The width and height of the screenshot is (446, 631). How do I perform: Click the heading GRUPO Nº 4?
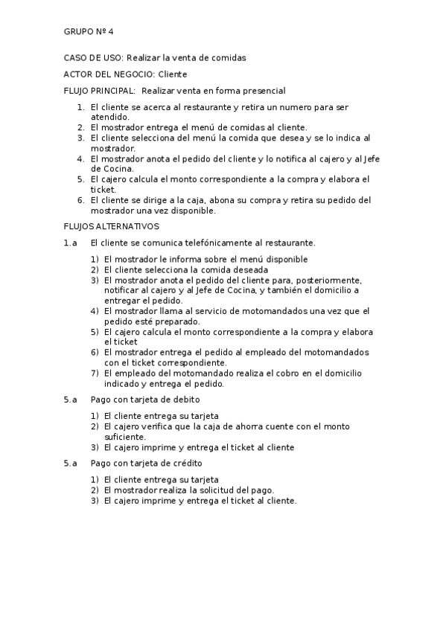[x=89, y=32]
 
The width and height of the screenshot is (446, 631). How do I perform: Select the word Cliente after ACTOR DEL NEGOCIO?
[x=173, y=74]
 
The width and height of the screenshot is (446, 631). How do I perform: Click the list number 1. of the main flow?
[x=81, y=108]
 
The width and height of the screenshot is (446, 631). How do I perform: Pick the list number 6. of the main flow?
[x=81, y=200]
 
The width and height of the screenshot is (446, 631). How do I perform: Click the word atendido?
[x=110, y=117]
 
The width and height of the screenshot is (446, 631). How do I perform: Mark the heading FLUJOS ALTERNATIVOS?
[x=112, y=226]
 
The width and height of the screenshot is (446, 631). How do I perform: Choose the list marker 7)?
[x=95, y=374]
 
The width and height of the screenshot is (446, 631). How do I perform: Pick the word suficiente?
[x=124, y=437]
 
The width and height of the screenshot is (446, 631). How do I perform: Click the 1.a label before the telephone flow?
[x=71, y=243]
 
